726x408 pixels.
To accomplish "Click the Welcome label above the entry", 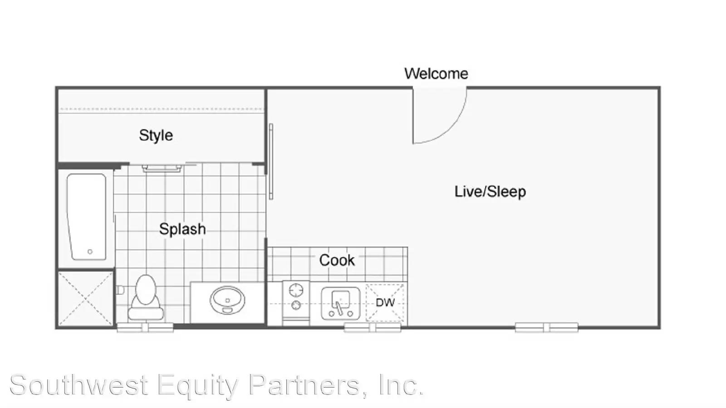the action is (436, 74).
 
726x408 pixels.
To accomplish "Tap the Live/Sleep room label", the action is (490, 191).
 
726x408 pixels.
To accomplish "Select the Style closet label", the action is (156, 136).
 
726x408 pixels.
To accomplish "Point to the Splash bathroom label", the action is (182, 229).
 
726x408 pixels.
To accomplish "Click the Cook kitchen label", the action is (337, 260).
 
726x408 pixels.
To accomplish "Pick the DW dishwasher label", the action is (385, 302).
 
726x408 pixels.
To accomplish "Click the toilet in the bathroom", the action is (146, 297).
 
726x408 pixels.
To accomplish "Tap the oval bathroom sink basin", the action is (227, 300).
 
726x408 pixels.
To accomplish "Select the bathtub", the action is (87, 217).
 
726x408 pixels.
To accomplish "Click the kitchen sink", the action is (341, 303).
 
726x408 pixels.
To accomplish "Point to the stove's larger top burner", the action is (296, 290).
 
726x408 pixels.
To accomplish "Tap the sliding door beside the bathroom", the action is (271, 161).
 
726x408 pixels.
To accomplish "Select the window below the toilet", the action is (145, 327).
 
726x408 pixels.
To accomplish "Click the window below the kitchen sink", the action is (373, 327).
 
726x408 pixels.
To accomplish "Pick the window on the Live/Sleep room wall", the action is (546, 327).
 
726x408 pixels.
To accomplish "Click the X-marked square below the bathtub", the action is (86, 298).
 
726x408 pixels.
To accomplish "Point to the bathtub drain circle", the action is (90, 252).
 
